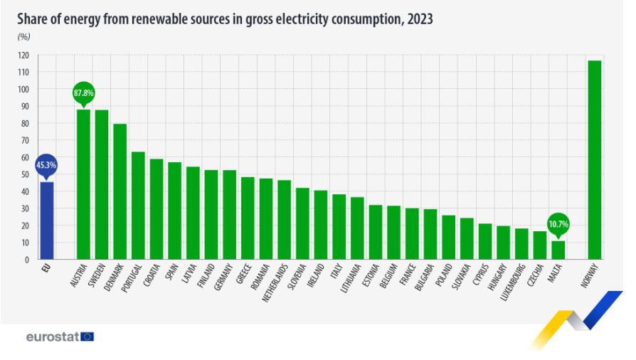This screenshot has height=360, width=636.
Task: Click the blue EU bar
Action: click(x=47, y=221)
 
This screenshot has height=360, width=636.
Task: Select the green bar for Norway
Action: click(x=595, y=160)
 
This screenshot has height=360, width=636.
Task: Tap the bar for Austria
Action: click(x=83, y=184)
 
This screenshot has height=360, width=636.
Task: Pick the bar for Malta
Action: click(x=558, y=250)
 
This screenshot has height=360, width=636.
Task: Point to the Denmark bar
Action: click(x=120, y=191)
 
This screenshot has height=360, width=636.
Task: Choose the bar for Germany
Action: click(x=230, y=215)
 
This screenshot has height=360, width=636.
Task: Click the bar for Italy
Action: click(x=339, y=226)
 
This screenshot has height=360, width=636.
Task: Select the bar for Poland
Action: click(x=449, y=237)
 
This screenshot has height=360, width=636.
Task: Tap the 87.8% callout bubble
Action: click(x=83, y=94)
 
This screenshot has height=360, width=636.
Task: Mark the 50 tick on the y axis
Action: click(x=25, y=174)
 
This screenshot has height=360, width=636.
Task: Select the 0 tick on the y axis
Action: click(x=27, y=260)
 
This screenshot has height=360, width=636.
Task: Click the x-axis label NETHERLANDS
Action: click(x=275, y=282)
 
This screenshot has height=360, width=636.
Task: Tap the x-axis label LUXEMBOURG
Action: click(x=513, y=282)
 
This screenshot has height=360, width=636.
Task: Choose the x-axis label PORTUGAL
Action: click(x=132, y=278)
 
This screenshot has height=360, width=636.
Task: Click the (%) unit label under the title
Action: click(x=24, y=37)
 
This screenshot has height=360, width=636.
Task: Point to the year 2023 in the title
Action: click(x=420, y=19)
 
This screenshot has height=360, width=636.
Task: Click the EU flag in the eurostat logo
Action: click(x=88, y=337)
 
